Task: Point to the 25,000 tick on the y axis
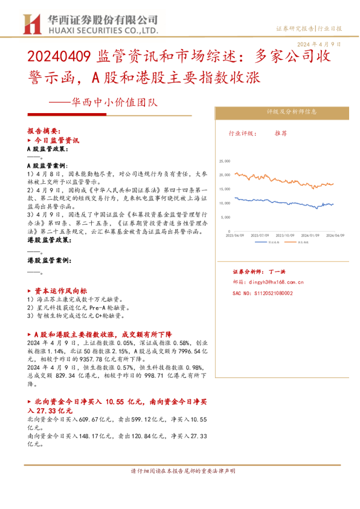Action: pyautogui.click(x=225, y=161)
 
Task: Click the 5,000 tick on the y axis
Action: pyautogui.click(x=226, y=217)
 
